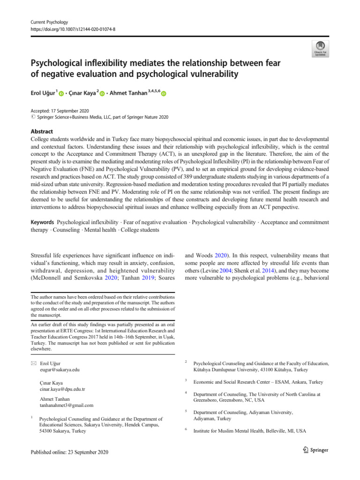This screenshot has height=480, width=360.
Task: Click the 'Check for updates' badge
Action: tap(320, 48)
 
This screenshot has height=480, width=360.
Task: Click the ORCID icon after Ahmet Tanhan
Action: tap(164, 95)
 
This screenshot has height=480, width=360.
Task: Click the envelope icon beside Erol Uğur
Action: tap(31, 363)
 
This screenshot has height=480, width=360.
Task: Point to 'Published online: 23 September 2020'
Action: tap(69, 452)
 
